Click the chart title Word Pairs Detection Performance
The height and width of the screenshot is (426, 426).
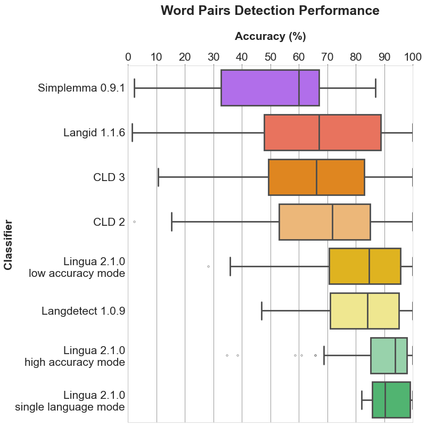pos(270,11)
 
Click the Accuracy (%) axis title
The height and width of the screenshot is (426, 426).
pos(270,37)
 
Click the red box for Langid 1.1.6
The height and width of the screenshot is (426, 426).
pos(298,132)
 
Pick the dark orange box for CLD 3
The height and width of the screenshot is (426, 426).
pos(293,177)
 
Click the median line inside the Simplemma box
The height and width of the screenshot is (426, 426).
pos(299,87)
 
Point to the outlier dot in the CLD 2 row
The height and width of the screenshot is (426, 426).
pos(134,222)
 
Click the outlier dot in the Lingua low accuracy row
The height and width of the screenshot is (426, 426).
pos(208,266)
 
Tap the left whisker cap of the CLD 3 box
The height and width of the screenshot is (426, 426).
pos(159,177)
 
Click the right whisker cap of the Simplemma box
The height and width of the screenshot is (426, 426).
pos(375,87)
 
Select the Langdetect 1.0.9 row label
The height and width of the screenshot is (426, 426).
pos(83,310)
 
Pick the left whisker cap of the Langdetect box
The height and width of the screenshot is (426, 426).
pos(261,310)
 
